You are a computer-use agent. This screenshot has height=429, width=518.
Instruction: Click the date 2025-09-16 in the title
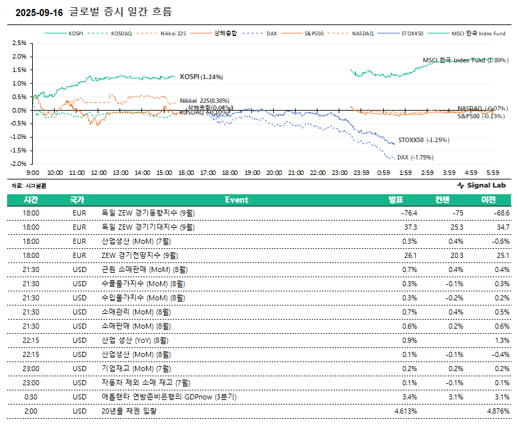38,12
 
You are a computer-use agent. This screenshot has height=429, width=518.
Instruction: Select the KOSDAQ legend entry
121,33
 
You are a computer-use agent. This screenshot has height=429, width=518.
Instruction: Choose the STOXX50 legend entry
411,33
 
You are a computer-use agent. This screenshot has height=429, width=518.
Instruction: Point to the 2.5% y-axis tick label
19,43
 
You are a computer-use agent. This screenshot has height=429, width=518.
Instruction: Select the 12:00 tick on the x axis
99,173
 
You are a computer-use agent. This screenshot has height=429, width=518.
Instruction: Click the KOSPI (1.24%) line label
201,77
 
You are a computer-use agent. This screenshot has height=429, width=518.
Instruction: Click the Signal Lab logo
483,185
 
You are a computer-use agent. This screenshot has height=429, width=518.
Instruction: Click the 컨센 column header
443,200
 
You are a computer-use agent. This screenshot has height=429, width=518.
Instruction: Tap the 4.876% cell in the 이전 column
497,411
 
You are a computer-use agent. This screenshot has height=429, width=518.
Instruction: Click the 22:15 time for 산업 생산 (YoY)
31,340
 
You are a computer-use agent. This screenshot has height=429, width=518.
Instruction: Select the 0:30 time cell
31,397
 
